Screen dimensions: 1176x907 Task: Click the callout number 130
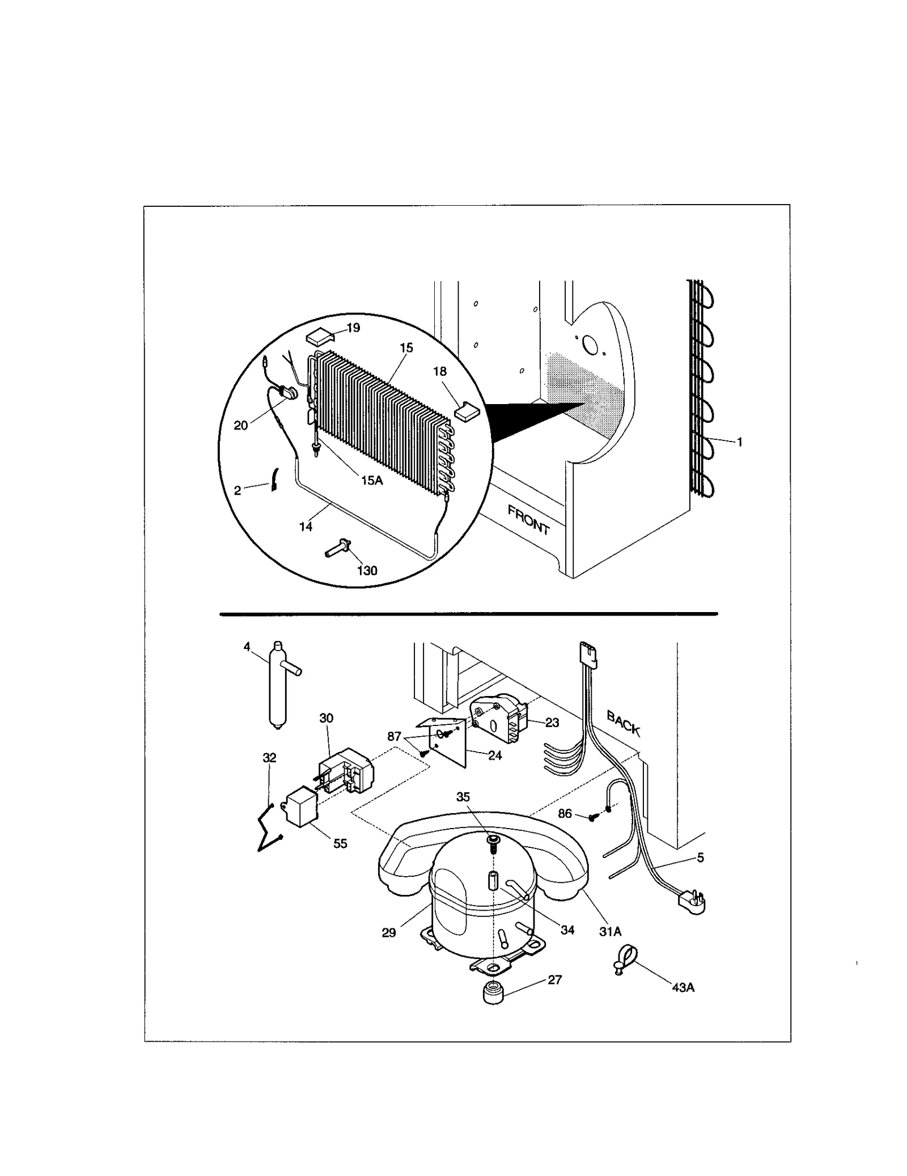coord(367,571)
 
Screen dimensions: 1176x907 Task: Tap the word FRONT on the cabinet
coord(528,520)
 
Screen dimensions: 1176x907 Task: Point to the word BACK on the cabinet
coord(623,723)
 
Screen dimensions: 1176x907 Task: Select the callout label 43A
coord(683,987)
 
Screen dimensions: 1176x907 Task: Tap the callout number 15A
coord(372,480)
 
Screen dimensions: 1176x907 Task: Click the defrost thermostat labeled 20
coord(290,392)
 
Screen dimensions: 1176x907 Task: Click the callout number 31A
coord(610,931)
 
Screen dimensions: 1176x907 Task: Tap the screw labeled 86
coord(592,817)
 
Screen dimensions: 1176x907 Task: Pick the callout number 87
coord(394,736)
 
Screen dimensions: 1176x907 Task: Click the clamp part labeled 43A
coord(623,965)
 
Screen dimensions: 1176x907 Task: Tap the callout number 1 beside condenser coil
coord(740,442)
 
